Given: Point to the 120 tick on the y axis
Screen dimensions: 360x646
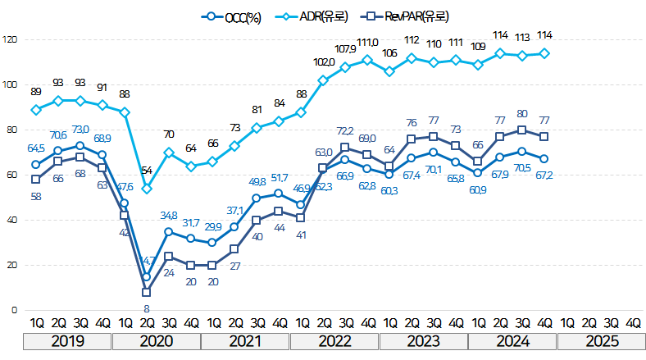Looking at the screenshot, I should coord(10,39).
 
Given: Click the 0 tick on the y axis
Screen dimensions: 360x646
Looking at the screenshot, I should coord(13,311).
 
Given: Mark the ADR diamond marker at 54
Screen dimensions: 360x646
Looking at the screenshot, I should coord(146,189).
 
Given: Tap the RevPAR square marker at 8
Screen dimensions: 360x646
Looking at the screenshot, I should coord(146,292).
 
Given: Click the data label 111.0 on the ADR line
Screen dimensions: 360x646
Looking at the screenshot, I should coord(366,43).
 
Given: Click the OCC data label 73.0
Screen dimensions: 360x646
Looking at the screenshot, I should coord(80,130).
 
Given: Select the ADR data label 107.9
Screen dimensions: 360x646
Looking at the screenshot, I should coord(345,49).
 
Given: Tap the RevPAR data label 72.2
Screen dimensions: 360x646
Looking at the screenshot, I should coord(345,130).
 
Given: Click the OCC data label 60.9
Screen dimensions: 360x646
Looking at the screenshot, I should coord(499,189).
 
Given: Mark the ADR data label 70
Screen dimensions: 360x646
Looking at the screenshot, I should coord(168,134).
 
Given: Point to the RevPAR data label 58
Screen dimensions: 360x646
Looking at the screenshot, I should coord(36,197).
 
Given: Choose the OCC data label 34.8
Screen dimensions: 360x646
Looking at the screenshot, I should coord(168,215).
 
